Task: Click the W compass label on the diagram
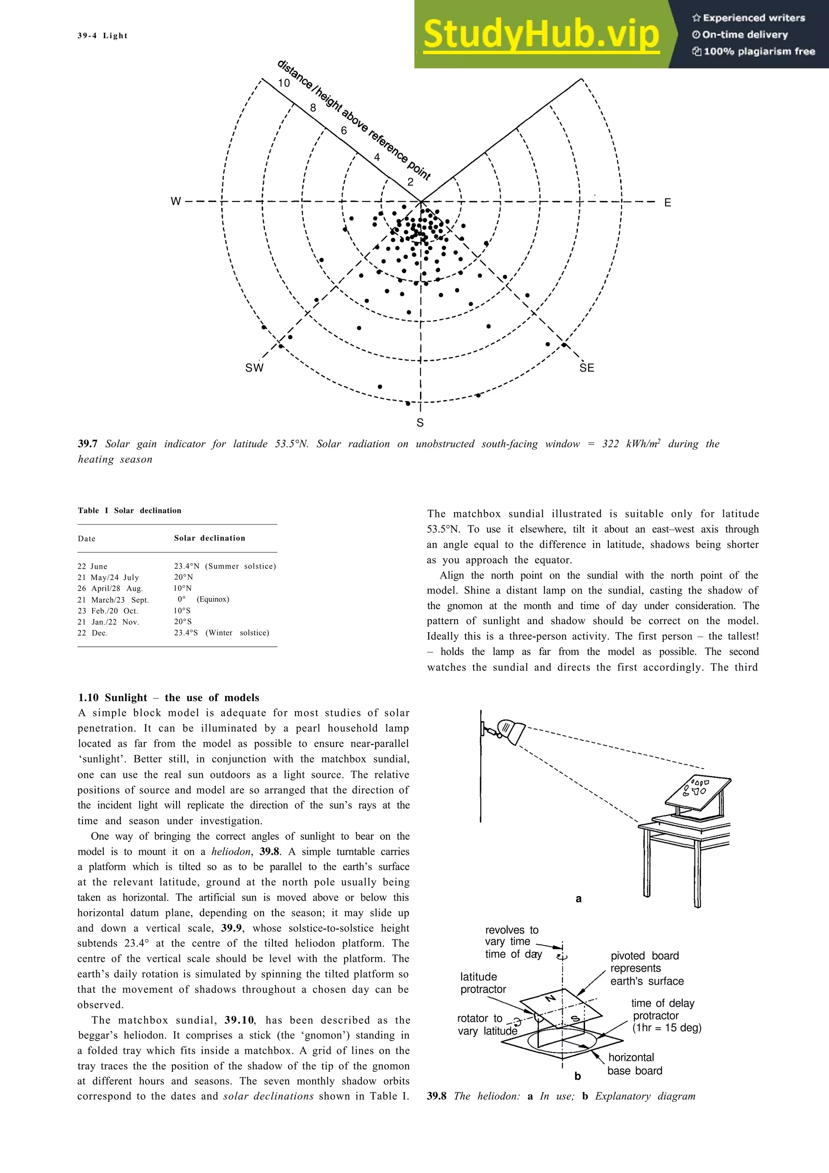point(175,201)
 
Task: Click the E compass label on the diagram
point(667,203)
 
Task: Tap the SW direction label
point(254,368)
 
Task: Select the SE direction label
point(587,368)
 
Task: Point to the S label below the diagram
point(420,423)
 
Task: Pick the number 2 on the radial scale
point(410,182)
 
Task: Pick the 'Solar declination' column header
point(209,538)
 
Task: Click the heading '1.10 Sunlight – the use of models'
point(168,697)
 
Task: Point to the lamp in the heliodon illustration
point(511,731)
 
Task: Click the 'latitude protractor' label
point(483,982)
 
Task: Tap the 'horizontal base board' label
point(634,1064)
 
